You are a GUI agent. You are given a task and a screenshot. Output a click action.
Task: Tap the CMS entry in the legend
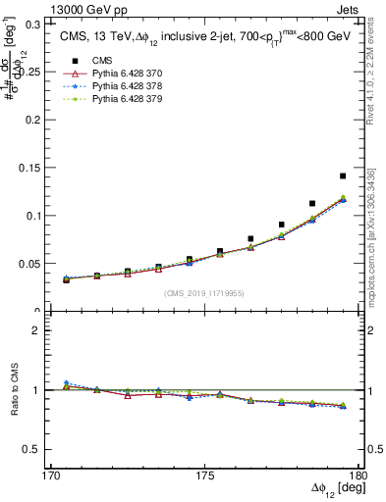pos(89,61)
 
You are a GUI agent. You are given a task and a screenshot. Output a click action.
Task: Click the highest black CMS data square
pos(343,176)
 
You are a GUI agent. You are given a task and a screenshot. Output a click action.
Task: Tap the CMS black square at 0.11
pos(312,204)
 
